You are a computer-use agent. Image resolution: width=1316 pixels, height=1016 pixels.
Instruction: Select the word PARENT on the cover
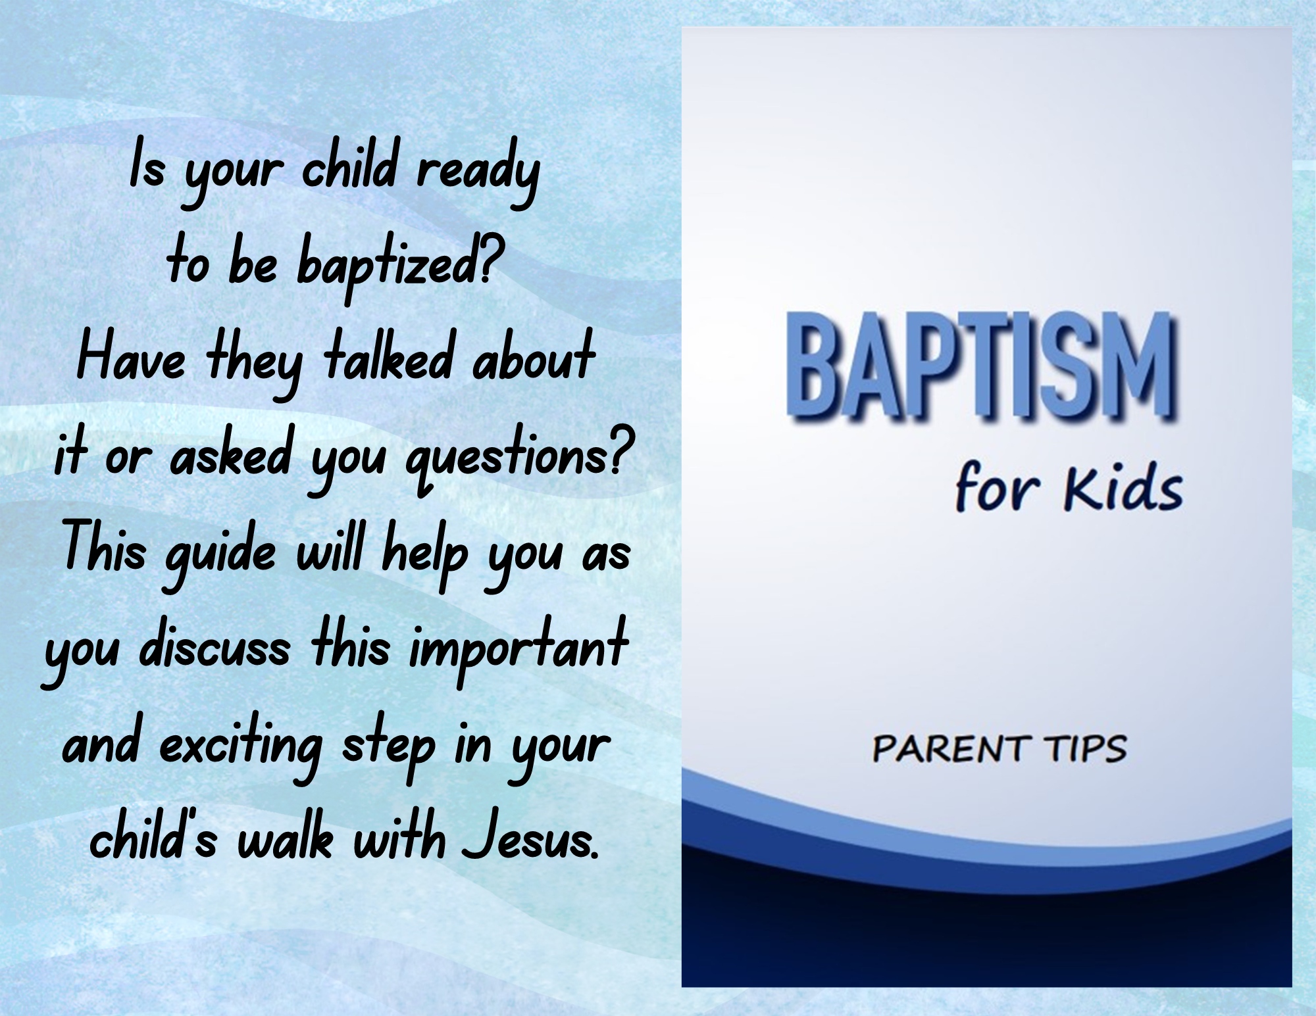click(949, 749)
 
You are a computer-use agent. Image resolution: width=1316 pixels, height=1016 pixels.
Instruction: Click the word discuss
click(215, 645)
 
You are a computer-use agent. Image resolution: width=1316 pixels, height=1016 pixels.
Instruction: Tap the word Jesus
click(530, 838)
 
